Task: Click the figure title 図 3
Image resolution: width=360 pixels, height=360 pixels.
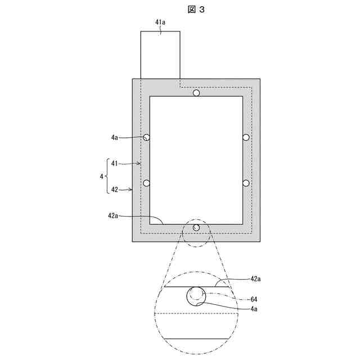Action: point(196,10)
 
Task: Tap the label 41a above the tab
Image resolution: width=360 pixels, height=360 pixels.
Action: point(160,22)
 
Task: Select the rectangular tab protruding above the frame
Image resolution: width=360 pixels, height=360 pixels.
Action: point(160,55)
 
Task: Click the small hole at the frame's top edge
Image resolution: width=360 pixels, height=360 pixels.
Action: point(196,93)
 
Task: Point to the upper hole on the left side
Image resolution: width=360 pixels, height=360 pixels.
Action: point(146,137)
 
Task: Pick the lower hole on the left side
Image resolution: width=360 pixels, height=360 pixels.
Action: point(146,183)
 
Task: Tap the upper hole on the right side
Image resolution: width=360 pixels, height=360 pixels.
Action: point(246,137)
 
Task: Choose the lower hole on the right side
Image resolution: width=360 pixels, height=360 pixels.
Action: point(246,183)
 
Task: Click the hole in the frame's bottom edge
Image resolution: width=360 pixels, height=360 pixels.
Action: point(196,227)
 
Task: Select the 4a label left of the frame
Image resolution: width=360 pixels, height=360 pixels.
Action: point(114,137)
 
